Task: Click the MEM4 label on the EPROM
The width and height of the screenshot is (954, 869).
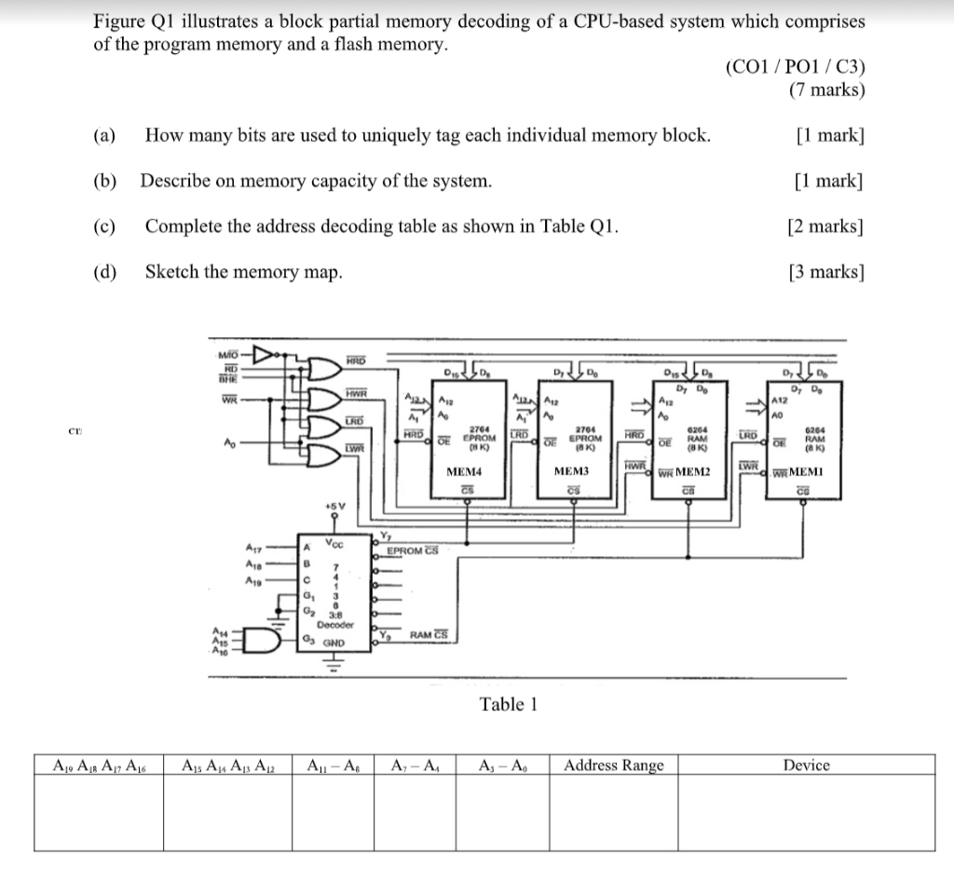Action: point(463,472)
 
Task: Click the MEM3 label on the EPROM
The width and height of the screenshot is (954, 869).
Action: point(572,472)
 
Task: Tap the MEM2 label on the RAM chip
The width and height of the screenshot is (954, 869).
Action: point(692,471)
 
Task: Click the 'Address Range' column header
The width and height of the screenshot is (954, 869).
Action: point(614,766)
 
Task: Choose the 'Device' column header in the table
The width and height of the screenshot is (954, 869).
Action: point(806,766)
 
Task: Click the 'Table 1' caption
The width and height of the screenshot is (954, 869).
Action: point(509,704)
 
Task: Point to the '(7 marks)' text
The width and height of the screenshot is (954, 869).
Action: point(826,90)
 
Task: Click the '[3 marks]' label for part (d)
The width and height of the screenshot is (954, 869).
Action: point(825,272)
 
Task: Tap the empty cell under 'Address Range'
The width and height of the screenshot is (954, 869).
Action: point(614,812)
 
